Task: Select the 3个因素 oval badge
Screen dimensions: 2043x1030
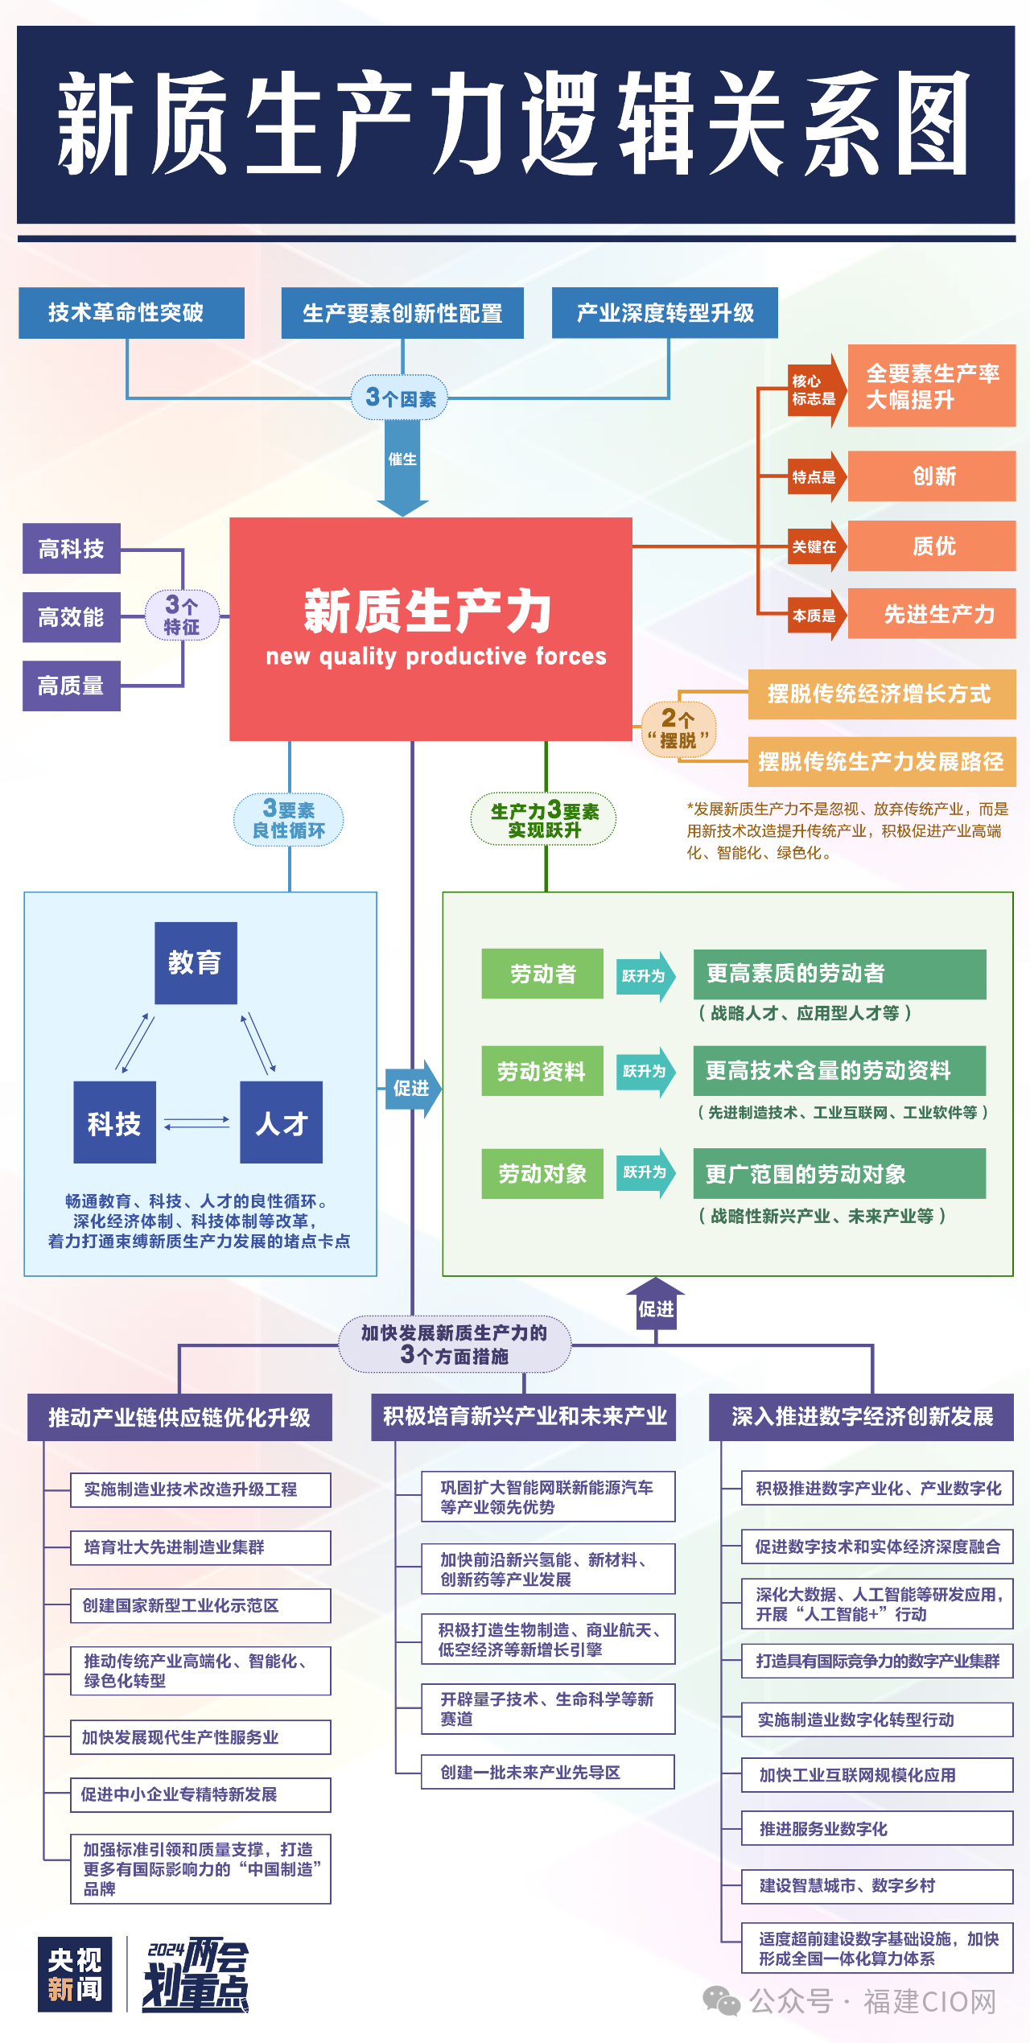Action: coord(400,397)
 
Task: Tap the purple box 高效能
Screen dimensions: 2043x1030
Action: coord(72,617)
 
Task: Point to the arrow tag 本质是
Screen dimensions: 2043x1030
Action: coord(815,616)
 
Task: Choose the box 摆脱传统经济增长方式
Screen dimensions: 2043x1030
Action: coord(881,694)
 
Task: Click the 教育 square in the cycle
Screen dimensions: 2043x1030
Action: coord(196,962)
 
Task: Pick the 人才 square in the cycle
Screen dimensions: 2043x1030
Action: coord(281,1122)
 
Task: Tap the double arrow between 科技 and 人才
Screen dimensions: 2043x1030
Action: coord(197,1122)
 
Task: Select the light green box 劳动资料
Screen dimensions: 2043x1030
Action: coord(542,1071)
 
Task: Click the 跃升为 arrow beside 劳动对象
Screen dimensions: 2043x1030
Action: coord(645,1172)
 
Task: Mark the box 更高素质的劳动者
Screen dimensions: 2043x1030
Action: coord(839,974)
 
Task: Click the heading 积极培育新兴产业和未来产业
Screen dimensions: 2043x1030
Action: coord(524,1417)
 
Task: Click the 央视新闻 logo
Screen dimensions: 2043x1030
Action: coord(75,1975)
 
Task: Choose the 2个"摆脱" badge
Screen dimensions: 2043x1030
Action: coord(678,729)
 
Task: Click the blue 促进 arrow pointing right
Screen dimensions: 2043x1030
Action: coord(413,1089)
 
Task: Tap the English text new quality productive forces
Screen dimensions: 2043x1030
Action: coord(435,657)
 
